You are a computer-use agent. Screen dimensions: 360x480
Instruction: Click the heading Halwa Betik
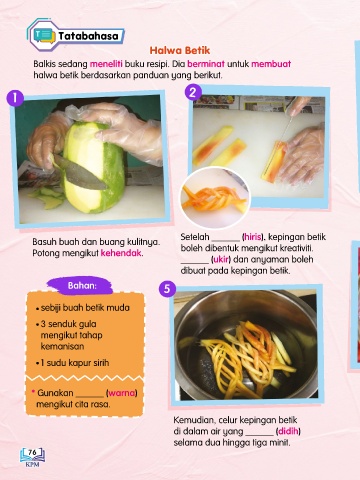point(180,50)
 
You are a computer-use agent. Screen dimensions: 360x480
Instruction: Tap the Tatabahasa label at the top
point(88,36)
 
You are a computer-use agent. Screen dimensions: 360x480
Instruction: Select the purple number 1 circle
point(15,98)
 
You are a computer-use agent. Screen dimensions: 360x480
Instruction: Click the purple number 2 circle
point(193,92)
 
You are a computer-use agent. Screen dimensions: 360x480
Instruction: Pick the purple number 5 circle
point(167,289)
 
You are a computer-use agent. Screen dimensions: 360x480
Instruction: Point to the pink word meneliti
point(106,64)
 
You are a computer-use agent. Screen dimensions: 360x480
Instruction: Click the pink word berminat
point(206,64)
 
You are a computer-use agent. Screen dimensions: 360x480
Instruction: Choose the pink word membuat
point(271,64)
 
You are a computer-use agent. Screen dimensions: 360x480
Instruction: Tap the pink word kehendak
point(122,253)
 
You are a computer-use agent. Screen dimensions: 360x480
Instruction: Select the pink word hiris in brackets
point(253,237)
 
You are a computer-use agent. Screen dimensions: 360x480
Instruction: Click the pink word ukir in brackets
point(221,259)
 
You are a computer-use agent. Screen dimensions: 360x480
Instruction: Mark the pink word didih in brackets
point(288,431)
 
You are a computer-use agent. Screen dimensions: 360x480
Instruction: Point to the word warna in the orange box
point(122,393)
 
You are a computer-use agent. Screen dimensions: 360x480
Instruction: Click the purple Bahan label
point(82,286)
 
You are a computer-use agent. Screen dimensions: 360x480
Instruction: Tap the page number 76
point(32,452)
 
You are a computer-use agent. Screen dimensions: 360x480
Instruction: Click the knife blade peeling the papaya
point(80,172)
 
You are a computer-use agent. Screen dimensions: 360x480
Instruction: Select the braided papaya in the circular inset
point(215,198)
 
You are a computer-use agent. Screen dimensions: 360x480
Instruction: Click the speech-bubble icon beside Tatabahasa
point(44,36)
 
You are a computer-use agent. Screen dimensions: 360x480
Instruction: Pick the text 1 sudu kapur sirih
point(75,363)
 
